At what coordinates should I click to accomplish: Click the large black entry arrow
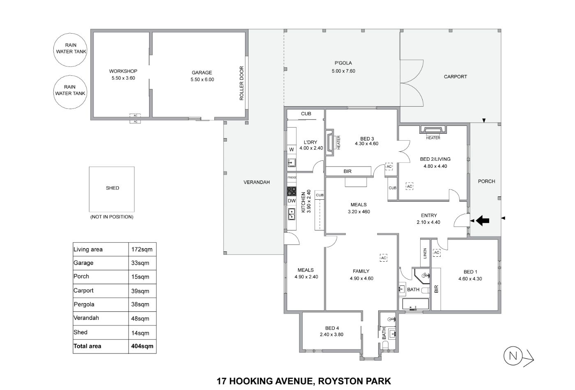click(x=483, y=220)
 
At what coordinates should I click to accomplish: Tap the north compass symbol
click(x=518, y=357)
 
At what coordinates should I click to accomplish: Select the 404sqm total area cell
click(x=142, y=346)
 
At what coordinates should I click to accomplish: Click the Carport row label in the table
click(x=83, y=291)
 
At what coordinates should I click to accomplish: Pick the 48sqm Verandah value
click(x=140, y=319)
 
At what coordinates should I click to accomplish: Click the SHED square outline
click(x=90, y=189)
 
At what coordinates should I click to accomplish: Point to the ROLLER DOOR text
click(x=241, y=83)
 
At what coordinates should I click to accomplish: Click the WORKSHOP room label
click(x=123, y=71)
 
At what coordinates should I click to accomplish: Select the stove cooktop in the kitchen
click(x=292, y=192)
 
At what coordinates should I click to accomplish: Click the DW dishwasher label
click(x=292, y=201)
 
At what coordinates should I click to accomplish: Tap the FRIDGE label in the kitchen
click(x=292, y=177)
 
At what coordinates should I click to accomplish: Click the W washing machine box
click(x=292, y=149)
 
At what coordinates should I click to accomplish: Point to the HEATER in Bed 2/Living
click(x=433, y=130)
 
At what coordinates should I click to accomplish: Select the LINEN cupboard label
click(x=425, y=253)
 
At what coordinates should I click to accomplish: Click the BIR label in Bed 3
click(x=347, y=171)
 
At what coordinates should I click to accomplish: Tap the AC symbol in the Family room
click(x=384, y=258)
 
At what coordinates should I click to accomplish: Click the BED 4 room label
click(x=332, y=328)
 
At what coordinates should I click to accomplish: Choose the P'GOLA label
click(x=343, y=63)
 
